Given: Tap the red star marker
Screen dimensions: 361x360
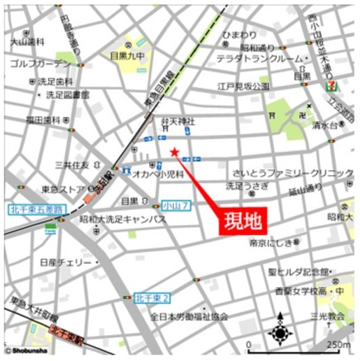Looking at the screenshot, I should tap(175, 153).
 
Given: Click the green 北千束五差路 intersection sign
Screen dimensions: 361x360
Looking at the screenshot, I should tap(36, 208).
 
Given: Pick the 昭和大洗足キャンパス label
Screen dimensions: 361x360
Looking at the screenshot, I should tap(122, 219).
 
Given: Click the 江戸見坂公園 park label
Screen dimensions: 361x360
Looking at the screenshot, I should tap(243, 86).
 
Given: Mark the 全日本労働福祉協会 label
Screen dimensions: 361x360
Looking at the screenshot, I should tap(189, 316).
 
